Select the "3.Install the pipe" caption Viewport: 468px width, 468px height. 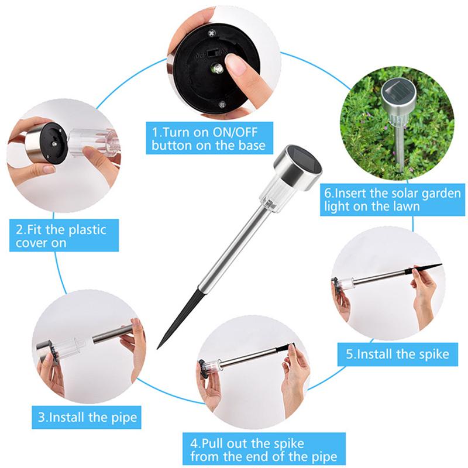point(87,418)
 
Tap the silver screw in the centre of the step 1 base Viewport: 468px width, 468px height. point(216,69)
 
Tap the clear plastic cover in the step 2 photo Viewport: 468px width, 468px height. point(91,142)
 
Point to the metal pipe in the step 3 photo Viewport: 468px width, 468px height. point(111,335)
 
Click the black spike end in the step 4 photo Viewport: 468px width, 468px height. point(286,350)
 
